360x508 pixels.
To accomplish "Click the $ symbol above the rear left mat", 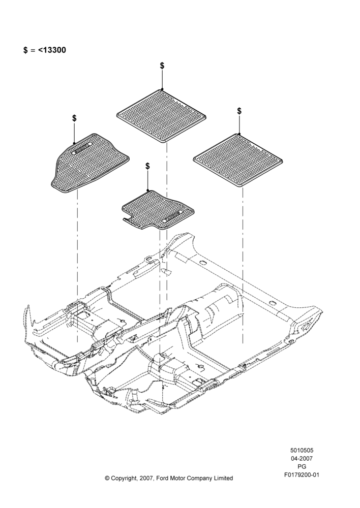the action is coord(162,66).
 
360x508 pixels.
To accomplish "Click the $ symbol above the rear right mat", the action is coord(239,111).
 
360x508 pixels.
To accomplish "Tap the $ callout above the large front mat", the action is coord(74,118).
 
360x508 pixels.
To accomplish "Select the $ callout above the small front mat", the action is coord(147,166).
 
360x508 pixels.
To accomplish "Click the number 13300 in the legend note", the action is coord(54,50).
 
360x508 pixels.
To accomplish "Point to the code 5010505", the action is coord(302,450).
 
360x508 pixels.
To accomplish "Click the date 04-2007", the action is coord(302,458).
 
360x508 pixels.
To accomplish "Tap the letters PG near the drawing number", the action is coord(302,467).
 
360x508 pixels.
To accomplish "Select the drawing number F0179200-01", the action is coord(302,475).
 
